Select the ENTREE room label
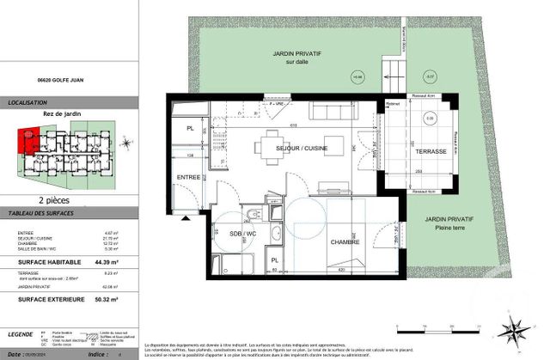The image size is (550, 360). click(x=189, y=177)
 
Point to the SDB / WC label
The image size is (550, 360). click(x=241, y=233)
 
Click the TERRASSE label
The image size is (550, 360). click(x=429, y=150)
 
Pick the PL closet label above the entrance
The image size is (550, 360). click(x=189, y=129)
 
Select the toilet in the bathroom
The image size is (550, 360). click(x=247, y=214)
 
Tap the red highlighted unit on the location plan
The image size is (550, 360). click(x=27, y=137)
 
